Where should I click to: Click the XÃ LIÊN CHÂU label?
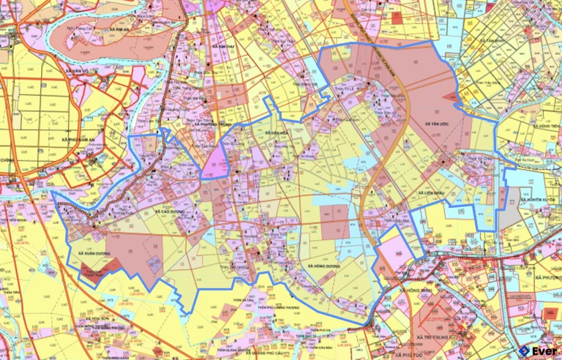[435, 193]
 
